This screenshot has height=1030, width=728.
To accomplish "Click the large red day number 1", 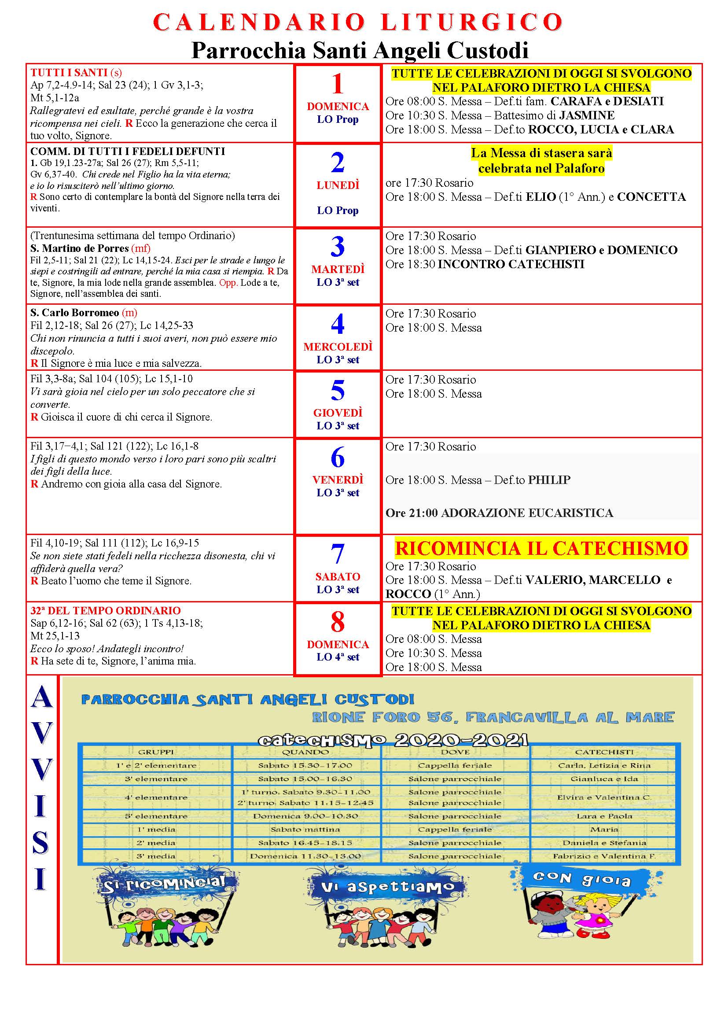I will (337, 84).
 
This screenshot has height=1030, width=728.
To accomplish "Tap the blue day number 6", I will (337, 457).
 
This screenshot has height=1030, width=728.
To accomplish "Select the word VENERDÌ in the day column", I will (338, 480).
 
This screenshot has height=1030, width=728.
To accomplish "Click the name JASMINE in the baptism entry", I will (587, 115).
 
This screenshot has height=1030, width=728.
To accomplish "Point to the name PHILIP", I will (549, 480).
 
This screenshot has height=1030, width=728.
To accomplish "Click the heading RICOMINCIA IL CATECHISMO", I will (541, 548).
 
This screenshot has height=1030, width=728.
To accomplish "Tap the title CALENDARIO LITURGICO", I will (358, 22).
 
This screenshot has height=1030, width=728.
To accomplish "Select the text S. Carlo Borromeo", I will (74, 313).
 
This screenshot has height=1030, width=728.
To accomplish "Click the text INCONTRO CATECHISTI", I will (511, 264).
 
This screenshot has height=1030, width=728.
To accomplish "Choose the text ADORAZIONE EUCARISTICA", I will (527, 513).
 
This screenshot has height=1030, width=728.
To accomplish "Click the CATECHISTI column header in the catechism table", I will (604, 752).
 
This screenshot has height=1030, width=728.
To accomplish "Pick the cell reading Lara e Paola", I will (604, 816).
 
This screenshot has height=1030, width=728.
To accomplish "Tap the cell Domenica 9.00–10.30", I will (305, 816).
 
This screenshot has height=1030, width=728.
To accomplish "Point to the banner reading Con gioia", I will (581, 880).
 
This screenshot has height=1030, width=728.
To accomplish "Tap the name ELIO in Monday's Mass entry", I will (540, 197).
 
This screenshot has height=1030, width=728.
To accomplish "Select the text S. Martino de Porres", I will (79, 248).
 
